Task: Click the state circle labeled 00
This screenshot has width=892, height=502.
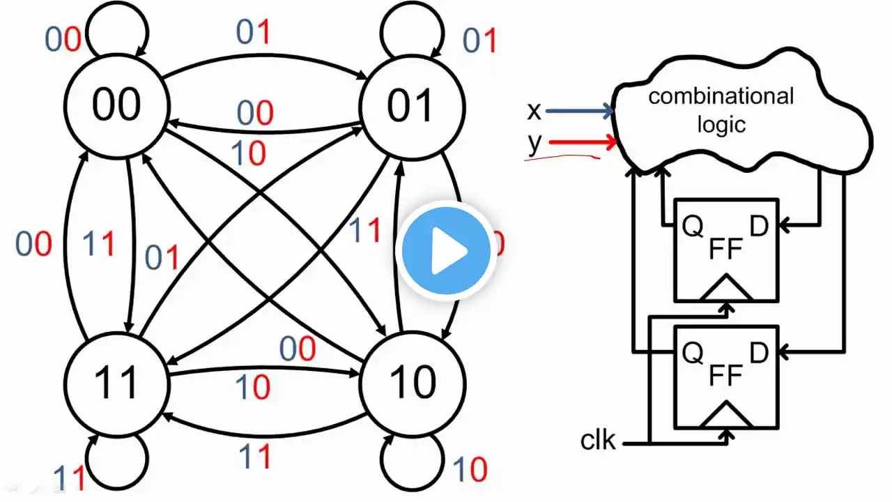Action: click(116, 107)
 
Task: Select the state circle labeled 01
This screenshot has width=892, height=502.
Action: click(411, 107)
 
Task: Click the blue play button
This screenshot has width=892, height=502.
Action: click(446, 250)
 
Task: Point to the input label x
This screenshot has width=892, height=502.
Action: click(535, 110)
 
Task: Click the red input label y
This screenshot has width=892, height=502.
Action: click(535, 143)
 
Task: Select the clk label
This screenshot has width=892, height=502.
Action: click(598, 441)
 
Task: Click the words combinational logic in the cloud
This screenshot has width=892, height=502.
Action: click(721, 109)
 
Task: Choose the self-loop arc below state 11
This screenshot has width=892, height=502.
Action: click(118, 460)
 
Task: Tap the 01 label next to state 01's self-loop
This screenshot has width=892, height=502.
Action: click(480, 41)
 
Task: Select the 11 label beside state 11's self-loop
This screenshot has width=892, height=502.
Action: click(70, 478)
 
